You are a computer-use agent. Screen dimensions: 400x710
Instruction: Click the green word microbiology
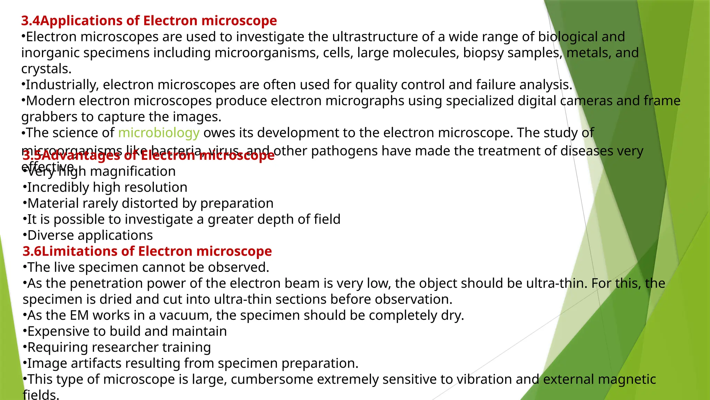pyautogui.click(x=159, y=133)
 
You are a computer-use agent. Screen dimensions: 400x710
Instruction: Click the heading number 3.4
pyautogui.click(x=31, y=21)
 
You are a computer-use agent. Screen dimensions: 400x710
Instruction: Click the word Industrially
pyautogui.click(x=62, y=85)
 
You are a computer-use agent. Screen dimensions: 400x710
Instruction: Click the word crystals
pyautogui.click(x=46, y=69)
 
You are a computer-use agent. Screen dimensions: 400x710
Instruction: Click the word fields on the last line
pyautogui.click(x=41, y=394)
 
